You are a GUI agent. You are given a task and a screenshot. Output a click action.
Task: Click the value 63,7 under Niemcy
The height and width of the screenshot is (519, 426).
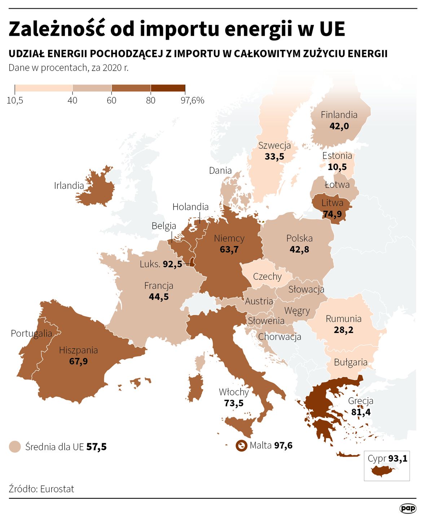[x=229, y=249]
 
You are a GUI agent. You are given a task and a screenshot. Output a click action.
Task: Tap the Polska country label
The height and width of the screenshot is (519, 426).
[x=299, y=238]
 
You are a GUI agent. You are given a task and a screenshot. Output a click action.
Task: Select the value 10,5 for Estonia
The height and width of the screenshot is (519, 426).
[x=337, y=167]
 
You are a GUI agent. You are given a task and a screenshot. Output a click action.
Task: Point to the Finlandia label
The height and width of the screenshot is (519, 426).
[x=339, y=115]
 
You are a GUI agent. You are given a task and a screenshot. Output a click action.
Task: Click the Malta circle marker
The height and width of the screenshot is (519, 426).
[x=241, y=446]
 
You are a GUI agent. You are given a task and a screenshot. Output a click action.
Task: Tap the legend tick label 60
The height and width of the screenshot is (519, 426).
[x=111, y=100]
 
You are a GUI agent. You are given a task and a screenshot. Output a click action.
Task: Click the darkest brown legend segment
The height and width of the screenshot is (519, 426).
[x=168, y=88]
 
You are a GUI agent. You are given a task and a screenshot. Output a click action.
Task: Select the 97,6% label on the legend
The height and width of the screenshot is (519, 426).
[x=192, y=100]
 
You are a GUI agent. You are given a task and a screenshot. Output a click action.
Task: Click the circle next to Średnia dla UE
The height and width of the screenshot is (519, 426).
[x=15, y=447]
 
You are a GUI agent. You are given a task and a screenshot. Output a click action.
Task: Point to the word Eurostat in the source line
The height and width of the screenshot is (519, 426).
[x=57, y=489]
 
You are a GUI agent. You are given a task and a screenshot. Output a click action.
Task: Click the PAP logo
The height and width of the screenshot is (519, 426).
[x=408, y=508]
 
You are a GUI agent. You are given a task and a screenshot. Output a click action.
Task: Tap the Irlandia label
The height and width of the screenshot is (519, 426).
[x=69, y=186]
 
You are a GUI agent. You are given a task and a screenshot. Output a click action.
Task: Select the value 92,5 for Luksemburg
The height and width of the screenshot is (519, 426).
[x=172, y=264]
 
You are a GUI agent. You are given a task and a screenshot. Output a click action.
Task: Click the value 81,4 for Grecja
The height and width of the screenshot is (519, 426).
[x=361, y=412]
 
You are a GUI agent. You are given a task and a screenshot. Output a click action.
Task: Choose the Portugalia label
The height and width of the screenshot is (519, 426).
[x=31, y=333]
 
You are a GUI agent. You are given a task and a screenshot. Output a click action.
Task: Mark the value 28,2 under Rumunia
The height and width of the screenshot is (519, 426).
[x=343, y=330]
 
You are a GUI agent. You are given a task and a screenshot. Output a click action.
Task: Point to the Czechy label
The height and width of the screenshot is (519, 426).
[x=267, y=276]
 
